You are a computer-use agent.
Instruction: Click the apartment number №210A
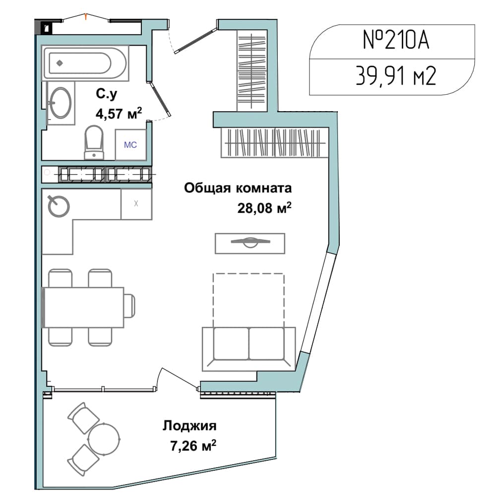pyautogui.click(x=396, y=40)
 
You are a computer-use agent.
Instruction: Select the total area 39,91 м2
pyautogui.click(x=396, y=76)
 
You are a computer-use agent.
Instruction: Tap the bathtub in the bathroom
pyautogui.click(x=85, y=62)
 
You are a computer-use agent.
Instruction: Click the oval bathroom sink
pyautogui.click(x=62, y=103)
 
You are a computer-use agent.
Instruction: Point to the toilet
pyautogui.click(x=94, y=143)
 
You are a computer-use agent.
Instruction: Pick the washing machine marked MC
pyautogui.click(x=130, y=144)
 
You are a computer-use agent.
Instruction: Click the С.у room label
pyautogui.click(x=107, y=94)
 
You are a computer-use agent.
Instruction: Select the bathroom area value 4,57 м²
pyautogui.click(x=119, y=113)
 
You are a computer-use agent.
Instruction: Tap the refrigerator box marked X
pyautogui.click(x=136, y=204)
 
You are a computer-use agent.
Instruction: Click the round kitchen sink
pyautogui.click(x=59, y=206)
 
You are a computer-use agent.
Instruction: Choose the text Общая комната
pyautogui.click(x=238, y=188)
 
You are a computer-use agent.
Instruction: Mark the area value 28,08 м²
pyautogui.click(x=264, y=208)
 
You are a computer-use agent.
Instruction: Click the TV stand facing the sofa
pyautogui.click(x=250, y=243)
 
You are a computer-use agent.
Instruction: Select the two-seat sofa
pyautogui.click(x=248, y=349)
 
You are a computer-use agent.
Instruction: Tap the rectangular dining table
pyautogui.click(x=83, y=307)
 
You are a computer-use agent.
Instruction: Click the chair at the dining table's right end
pyautogui.click(x=129, y=305)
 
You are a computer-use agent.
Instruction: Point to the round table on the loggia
pyautogui.click(x=104, y=439)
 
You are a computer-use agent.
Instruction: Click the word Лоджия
pyautogui.click(x=190, y=426)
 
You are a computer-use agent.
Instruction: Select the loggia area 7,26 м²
pyautogui.click(x=193, y=446)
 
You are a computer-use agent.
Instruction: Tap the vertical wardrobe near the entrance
pyautogui.click(x=252, y=71)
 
